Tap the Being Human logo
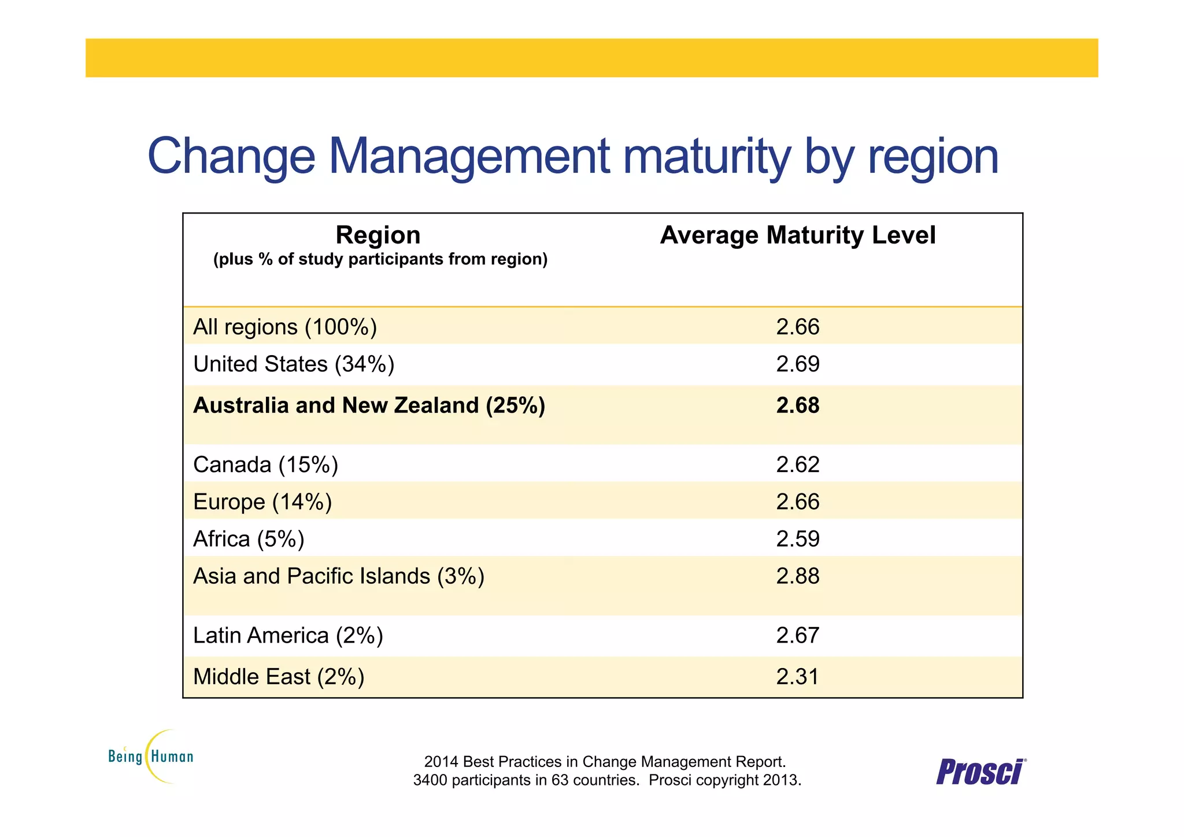tap(150, 756)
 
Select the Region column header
tap(378, 235)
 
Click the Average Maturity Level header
tap(797, 235)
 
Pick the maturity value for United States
tap(797, 364)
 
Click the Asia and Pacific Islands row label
tap(338, 576)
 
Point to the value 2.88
tap(797, 576)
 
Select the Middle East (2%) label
tap(279, 677)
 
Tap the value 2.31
tap(797, 677)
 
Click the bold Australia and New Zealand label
tap(369, 405)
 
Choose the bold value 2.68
tap(797, 405)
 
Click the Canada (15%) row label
tap(265, 465)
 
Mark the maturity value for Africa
tap(797, 539)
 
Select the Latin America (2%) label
tap(288, 636)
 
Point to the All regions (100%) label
tap(284, 327)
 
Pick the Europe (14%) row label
tap(262, 502)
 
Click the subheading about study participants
tap(380, 259)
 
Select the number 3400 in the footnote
tap(430, 780)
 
